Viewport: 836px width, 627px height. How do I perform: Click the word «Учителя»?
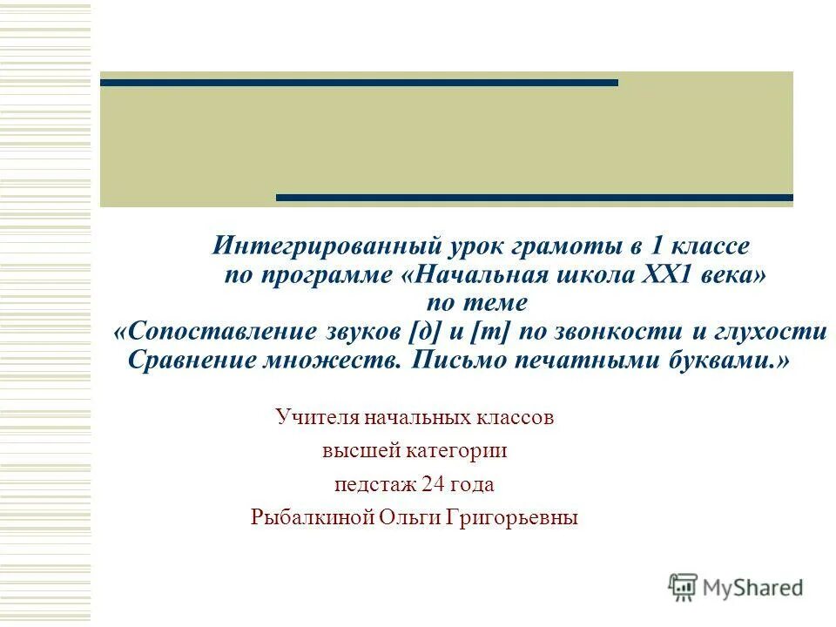(x=314, y=418)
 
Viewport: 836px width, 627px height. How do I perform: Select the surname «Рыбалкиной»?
(x=311, y=517)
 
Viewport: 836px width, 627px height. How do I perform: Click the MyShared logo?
(x=736, y=587)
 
